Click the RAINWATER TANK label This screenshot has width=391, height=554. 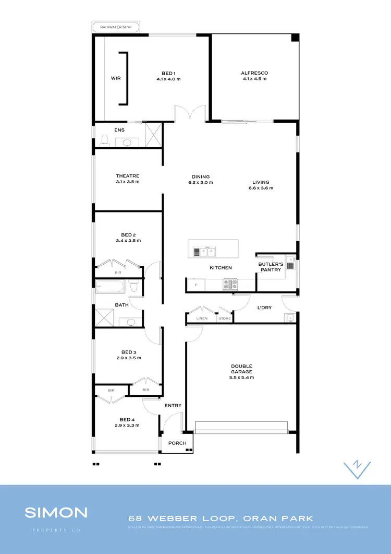coord(115,28)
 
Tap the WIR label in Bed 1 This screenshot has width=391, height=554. coord(115,78)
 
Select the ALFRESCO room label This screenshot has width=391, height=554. coord(254,73)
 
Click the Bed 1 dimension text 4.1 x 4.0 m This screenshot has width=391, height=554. coord(168,79)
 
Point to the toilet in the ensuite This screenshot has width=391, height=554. coord(104,140)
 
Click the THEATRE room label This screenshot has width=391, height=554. coord(128,176)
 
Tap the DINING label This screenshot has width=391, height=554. coord(201,176)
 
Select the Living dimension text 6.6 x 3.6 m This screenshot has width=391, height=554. coord(261,188)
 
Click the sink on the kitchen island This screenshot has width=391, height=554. coord(203,252)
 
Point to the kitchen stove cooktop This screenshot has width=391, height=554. coord(230,285)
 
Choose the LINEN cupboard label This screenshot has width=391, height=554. coord(202,318)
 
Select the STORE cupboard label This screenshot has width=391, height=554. coord(224,318)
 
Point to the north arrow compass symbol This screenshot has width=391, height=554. coord(358,468)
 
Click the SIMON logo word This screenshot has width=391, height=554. coord(56,512)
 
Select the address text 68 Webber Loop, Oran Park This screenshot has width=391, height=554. coord(221,518)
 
